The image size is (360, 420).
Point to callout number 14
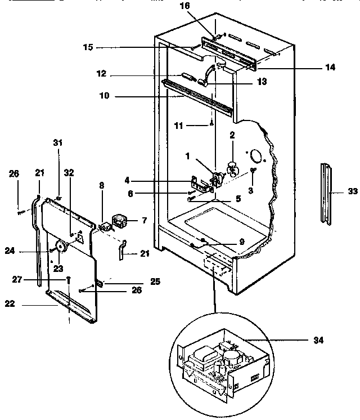330,67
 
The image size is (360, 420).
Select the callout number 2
231,135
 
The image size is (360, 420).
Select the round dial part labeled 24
62,247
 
